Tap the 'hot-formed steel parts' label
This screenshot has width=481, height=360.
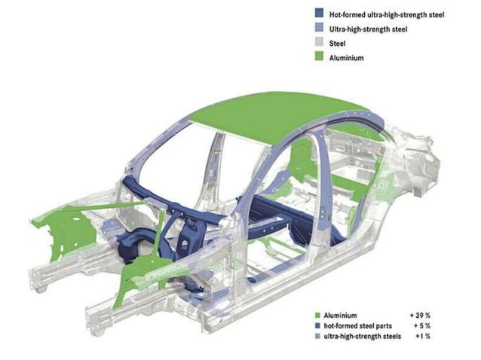tap(360, 325)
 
